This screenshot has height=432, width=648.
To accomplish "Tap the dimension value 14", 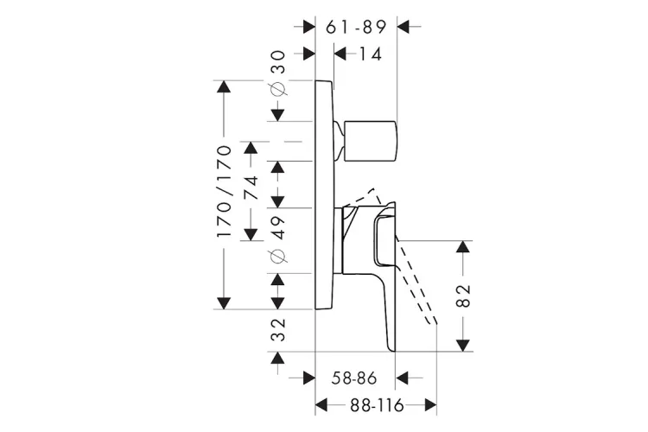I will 370,54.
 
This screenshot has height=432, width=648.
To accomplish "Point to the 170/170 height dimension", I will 224,192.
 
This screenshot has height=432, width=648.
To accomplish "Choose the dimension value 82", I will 463,295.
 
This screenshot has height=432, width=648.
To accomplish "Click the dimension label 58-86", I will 356,378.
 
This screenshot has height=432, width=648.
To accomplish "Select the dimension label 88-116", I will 376,404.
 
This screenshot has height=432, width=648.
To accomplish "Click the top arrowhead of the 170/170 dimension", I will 224,88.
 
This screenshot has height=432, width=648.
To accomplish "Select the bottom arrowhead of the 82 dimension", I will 463,344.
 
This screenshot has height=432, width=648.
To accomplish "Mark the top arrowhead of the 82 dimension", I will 463,247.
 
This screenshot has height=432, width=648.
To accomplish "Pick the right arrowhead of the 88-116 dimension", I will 429,404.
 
